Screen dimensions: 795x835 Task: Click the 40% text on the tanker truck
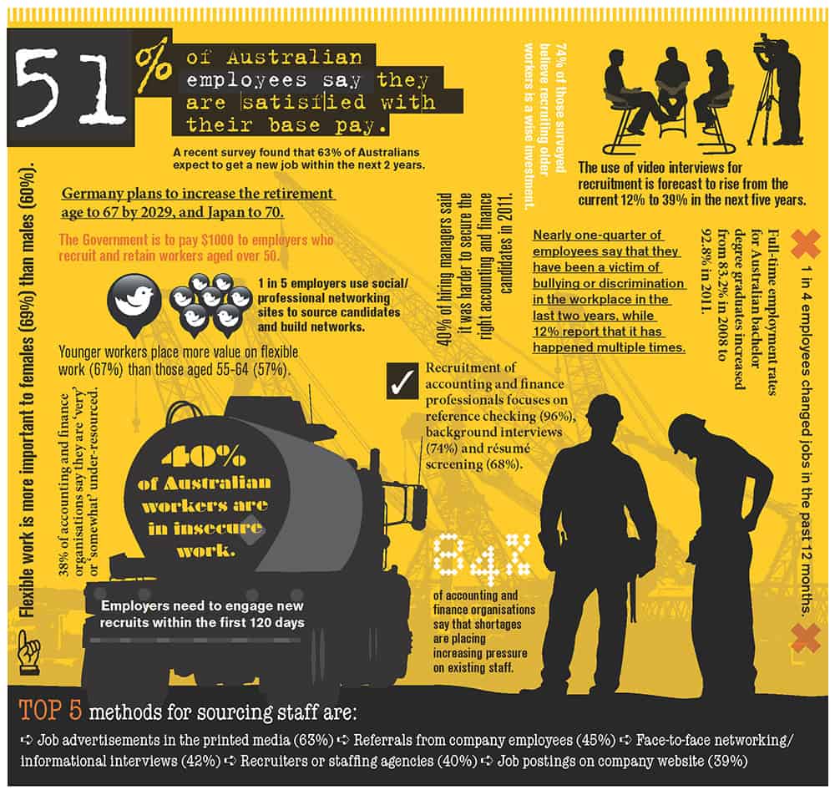tap(204, 457)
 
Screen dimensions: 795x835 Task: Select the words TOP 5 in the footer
tap(50, 711)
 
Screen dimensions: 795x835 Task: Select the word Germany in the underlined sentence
tap(92, 194)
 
